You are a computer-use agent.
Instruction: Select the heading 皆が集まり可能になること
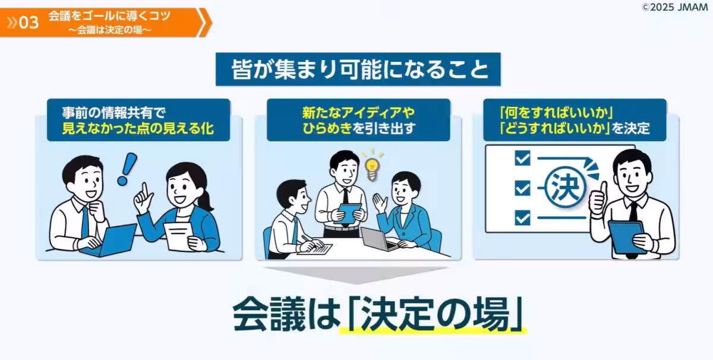click(358, 70)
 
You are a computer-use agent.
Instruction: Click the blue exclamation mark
click(126, 168)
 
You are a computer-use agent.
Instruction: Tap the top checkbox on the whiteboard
click(522, 158)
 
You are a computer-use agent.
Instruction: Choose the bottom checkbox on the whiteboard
click(522, 218)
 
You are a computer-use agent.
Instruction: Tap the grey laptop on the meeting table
click(376, 239)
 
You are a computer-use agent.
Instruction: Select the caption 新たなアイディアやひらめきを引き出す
click(358, 120)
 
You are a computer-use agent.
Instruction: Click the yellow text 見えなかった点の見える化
click(138, 128)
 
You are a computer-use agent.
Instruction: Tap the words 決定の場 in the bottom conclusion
click(435, 312)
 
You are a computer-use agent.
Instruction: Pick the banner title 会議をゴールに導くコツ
click(109, 16)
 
